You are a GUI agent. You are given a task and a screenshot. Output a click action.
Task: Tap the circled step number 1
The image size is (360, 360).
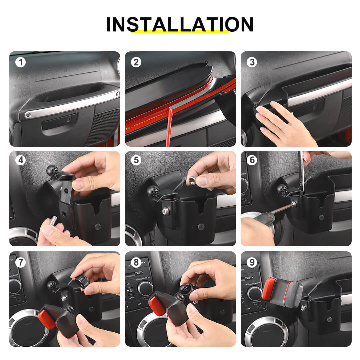(x=21, y=62)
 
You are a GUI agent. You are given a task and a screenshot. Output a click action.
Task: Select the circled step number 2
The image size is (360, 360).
(x=136, y=62)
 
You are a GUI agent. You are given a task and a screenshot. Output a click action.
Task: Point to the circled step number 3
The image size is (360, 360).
(x=252, y=62)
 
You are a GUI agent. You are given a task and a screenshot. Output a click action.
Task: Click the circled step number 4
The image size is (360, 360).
(x=21, y=160)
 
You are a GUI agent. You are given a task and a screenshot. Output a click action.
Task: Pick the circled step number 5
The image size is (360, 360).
(x=136, y=160)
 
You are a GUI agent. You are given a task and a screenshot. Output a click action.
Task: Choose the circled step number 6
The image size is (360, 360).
(x=252, y=160)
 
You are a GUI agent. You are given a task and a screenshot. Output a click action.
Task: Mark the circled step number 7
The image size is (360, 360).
(x=21, y=262)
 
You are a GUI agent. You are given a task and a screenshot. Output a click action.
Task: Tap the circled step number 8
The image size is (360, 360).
(x=136, y=262)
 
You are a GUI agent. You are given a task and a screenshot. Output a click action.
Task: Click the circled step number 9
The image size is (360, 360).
(x=252, y=262)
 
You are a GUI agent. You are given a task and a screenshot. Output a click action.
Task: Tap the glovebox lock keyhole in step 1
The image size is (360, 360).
(x=69, y=119)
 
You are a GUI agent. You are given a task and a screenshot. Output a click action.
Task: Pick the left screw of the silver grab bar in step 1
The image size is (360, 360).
(x=28, y=115)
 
